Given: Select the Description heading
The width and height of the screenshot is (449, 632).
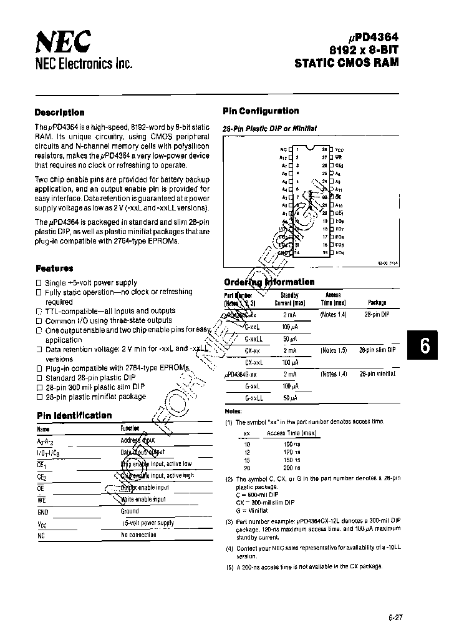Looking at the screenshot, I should (x=59, y=112).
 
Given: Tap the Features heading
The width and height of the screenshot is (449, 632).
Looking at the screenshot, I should (x=54, y=268).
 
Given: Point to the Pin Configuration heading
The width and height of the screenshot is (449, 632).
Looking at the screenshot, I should (x=261, y=111).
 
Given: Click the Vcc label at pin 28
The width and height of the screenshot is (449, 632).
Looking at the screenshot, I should (x=339, y=151).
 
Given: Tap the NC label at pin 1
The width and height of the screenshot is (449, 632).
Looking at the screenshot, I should (x=283, y=150).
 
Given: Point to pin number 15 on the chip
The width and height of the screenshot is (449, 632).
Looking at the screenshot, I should (x=324, y=253).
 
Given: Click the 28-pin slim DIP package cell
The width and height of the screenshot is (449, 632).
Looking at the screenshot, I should (x=377, y=350).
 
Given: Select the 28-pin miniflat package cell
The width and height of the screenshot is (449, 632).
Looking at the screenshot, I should (x=377, y=373).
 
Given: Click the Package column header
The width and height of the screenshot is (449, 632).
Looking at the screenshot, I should (x=377, y=302).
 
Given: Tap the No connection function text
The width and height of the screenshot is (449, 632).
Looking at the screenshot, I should (x=138, y=535).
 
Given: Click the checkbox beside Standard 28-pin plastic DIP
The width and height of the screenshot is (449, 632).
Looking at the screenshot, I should (x=39, y=378).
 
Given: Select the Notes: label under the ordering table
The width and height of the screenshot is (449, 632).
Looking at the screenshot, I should (x=233, y=412).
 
